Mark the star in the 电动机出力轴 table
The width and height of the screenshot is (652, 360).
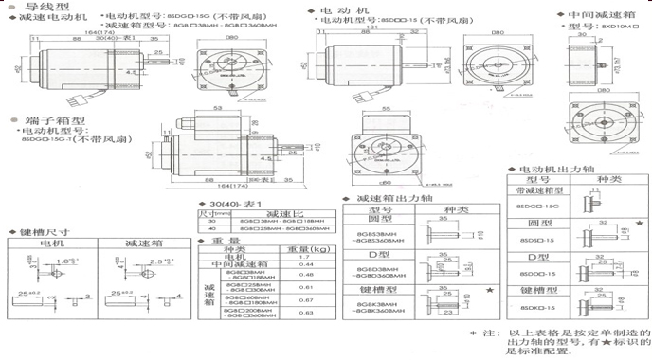coord(641,223)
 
